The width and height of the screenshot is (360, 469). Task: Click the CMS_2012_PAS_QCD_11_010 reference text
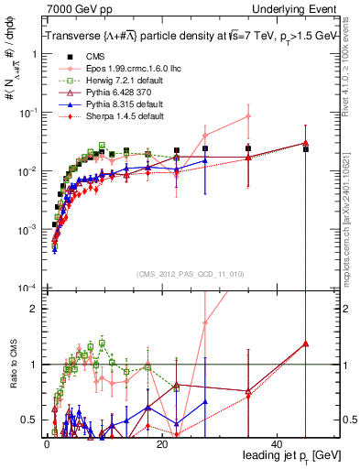click(179, 274)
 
